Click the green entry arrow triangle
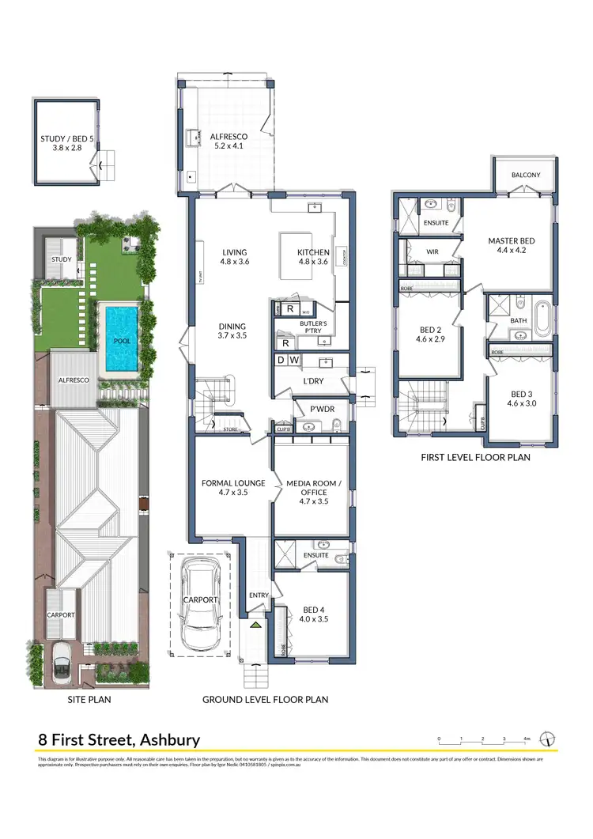255,625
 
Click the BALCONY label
526,175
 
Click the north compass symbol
547,739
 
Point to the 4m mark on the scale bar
527,739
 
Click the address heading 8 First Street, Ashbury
119,740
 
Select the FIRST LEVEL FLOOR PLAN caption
474,457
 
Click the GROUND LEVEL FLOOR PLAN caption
265,699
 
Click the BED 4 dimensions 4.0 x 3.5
314,620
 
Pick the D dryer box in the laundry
280,361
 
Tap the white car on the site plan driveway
61,658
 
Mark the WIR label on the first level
432,252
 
